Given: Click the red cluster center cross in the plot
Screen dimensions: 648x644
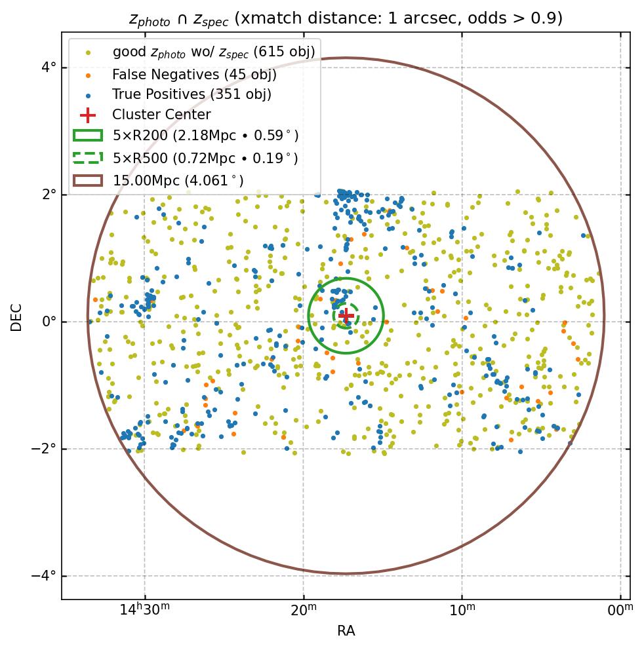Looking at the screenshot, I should pos(346,316).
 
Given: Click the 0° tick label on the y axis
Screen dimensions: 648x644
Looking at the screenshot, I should pos(49,322).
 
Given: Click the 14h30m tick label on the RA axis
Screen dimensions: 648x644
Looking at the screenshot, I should pos(144,611).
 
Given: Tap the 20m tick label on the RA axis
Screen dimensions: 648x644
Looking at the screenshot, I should pos(303,611).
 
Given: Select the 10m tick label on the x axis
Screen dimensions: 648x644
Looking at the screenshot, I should pos(462,611).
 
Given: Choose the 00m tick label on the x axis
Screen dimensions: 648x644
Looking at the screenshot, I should pos(620,611).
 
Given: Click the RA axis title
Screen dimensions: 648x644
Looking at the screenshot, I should pos(346,631).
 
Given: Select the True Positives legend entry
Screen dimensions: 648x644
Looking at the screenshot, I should pos(191,94).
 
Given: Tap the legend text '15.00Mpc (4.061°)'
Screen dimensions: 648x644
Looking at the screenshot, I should pos(178,180).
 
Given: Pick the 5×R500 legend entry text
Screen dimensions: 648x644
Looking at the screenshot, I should pos(205,158).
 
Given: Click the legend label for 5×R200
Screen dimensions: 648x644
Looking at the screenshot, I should pos(205,136).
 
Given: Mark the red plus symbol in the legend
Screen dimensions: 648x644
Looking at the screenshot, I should pos(88,115).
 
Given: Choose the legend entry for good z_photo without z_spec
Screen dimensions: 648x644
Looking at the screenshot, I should pos(214,52).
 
